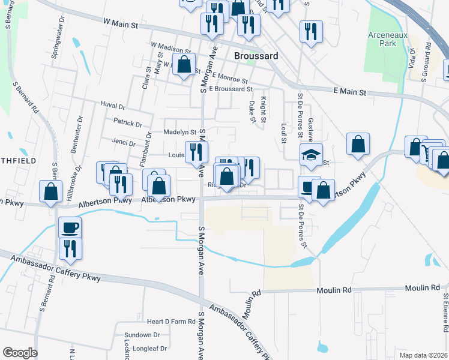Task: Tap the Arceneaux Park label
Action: click(x=388, y=40)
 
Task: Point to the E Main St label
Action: click(x=349, y=92)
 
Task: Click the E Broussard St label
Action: click(x=231, y=89)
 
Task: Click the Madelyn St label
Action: click(x=180, y=132)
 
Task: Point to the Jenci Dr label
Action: click(x=124, y=142)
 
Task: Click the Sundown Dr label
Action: click(x=142, y=335)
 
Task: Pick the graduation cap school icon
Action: click(x=312, y=155)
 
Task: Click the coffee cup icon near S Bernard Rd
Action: click(x=70, y=227)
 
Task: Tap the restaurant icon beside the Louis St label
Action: click(x=196, y=152)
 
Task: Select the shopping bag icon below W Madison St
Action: click(x=184, y=64)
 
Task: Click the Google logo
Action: click(x=19, y=353)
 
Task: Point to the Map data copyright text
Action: click(x=423, y=354)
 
